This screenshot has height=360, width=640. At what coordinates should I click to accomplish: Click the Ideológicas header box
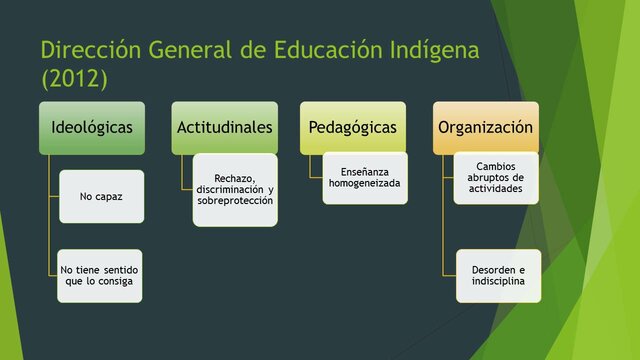tap(92, 128)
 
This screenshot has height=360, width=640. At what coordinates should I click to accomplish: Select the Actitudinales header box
tap(223, 128)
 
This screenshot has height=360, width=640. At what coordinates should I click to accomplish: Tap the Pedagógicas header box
tap(353, 128)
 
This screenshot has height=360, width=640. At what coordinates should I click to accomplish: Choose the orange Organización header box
tap(485, 128)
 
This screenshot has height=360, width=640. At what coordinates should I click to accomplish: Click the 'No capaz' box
tap(101, 197)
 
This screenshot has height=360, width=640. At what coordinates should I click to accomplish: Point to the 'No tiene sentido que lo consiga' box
tap(100, 276)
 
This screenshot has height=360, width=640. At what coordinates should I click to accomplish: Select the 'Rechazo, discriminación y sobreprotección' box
tap(235, 190)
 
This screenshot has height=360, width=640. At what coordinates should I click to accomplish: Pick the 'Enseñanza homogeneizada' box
tap(365, 178)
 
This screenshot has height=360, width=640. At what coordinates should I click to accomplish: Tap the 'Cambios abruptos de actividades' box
tap(497, 178)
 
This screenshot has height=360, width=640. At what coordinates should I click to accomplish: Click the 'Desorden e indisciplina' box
tap(497, 276)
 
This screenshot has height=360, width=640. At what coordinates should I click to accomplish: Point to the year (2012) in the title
tap(73, 77)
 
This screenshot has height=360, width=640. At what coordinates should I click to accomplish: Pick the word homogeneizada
tap(365, 184)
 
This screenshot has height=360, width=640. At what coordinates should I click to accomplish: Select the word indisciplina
tap(497, 282)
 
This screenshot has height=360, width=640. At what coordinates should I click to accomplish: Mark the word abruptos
tap(497, 178)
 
